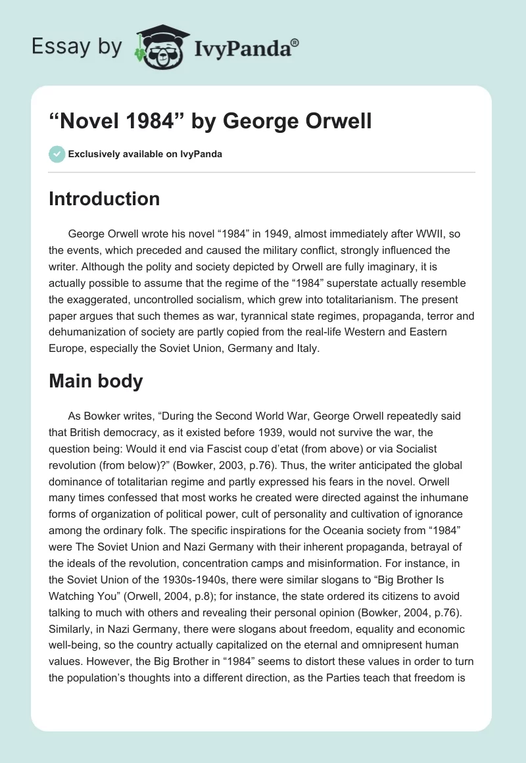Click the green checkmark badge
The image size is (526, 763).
point(57,154)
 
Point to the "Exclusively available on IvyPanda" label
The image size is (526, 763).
point(145,154)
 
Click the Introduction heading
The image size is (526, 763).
point(104,199)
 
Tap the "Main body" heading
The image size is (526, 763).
point(95,381)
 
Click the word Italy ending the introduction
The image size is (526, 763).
point(306,349)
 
